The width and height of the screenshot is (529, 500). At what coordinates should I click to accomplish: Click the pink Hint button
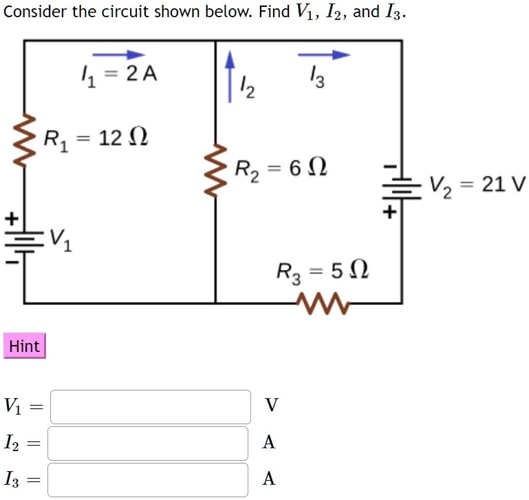tap(25, 346)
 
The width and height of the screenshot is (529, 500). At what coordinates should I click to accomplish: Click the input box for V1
tap(150, 407)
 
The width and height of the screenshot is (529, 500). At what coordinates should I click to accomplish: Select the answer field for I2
tap(148, 444)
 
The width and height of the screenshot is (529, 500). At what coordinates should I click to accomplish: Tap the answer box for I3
tap(148, 480)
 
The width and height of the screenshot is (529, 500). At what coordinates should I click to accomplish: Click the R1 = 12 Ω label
tap(96, 138)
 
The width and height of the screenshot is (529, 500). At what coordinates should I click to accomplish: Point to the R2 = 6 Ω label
tap(281, 168)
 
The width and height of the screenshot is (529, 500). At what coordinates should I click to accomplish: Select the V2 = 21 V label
tap(477, 185)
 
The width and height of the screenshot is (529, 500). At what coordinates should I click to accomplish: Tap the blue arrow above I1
tap(118, 54)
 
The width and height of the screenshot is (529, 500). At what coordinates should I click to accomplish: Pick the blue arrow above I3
tap(324, 54)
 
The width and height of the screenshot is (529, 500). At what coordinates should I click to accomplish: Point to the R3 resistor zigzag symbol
tap(323, 302)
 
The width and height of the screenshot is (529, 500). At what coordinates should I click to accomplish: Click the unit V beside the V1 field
tap(271, 405)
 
